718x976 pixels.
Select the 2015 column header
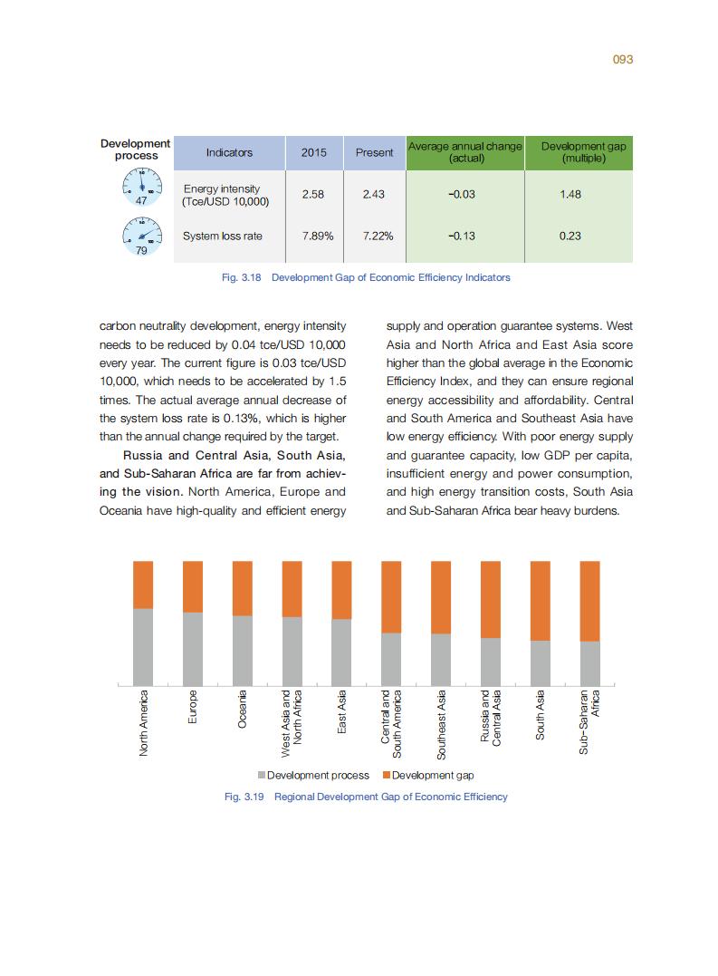tap(313, 152)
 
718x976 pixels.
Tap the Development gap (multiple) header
tap(582, 152)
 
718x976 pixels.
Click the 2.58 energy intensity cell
tap(313, 195)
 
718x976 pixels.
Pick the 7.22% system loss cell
tap(374, 236)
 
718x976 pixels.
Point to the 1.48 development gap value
tap(570, 195)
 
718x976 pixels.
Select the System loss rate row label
tap(223, 236)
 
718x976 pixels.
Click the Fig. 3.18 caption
tap(366, 277)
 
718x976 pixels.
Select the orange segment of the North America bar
tap(143, 585)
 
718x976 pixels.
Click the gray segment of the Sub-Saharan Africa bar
tap(589, 663)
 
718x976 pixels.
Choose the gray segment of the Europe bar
tap(193, 649)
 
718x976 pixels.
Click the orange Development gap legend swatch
tap(387, 776)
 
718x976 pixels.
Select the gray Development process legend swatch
tap(262, 776)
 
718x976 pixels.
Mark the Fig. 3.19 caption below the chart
tap(366, 797)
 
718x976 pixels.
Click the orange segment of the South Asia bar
tap(540, 600)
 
